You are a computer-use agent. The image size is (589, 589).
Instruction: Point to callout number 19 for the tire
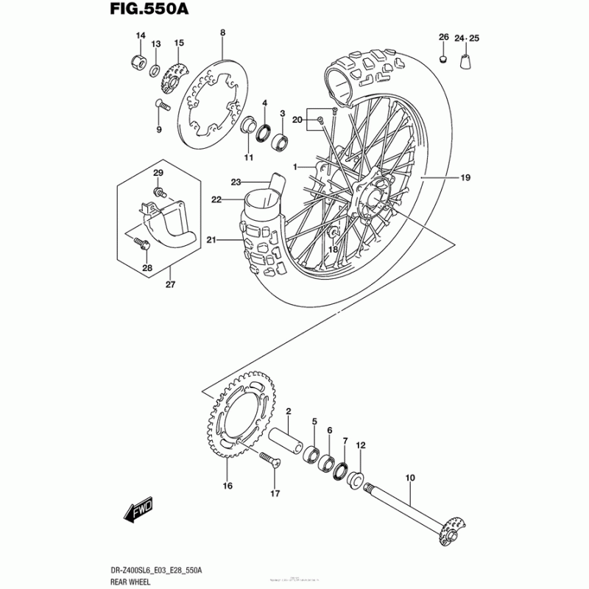(x=465, y=177)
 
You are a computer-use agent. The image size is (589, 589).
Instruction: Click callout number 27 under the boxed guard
(x=170, y=285)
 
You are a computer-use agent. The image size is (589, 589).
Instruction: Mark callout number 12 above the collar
(x=361, y=445)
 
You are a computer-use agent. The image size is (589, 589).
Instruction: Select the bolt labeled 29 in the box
(x=158, y=194)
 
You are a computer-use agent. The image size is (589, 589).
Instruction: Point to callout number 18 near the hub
(x=333, y=250)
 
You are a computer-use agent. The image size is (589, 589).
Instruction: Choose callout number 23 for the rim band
(x=236, y=182)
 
